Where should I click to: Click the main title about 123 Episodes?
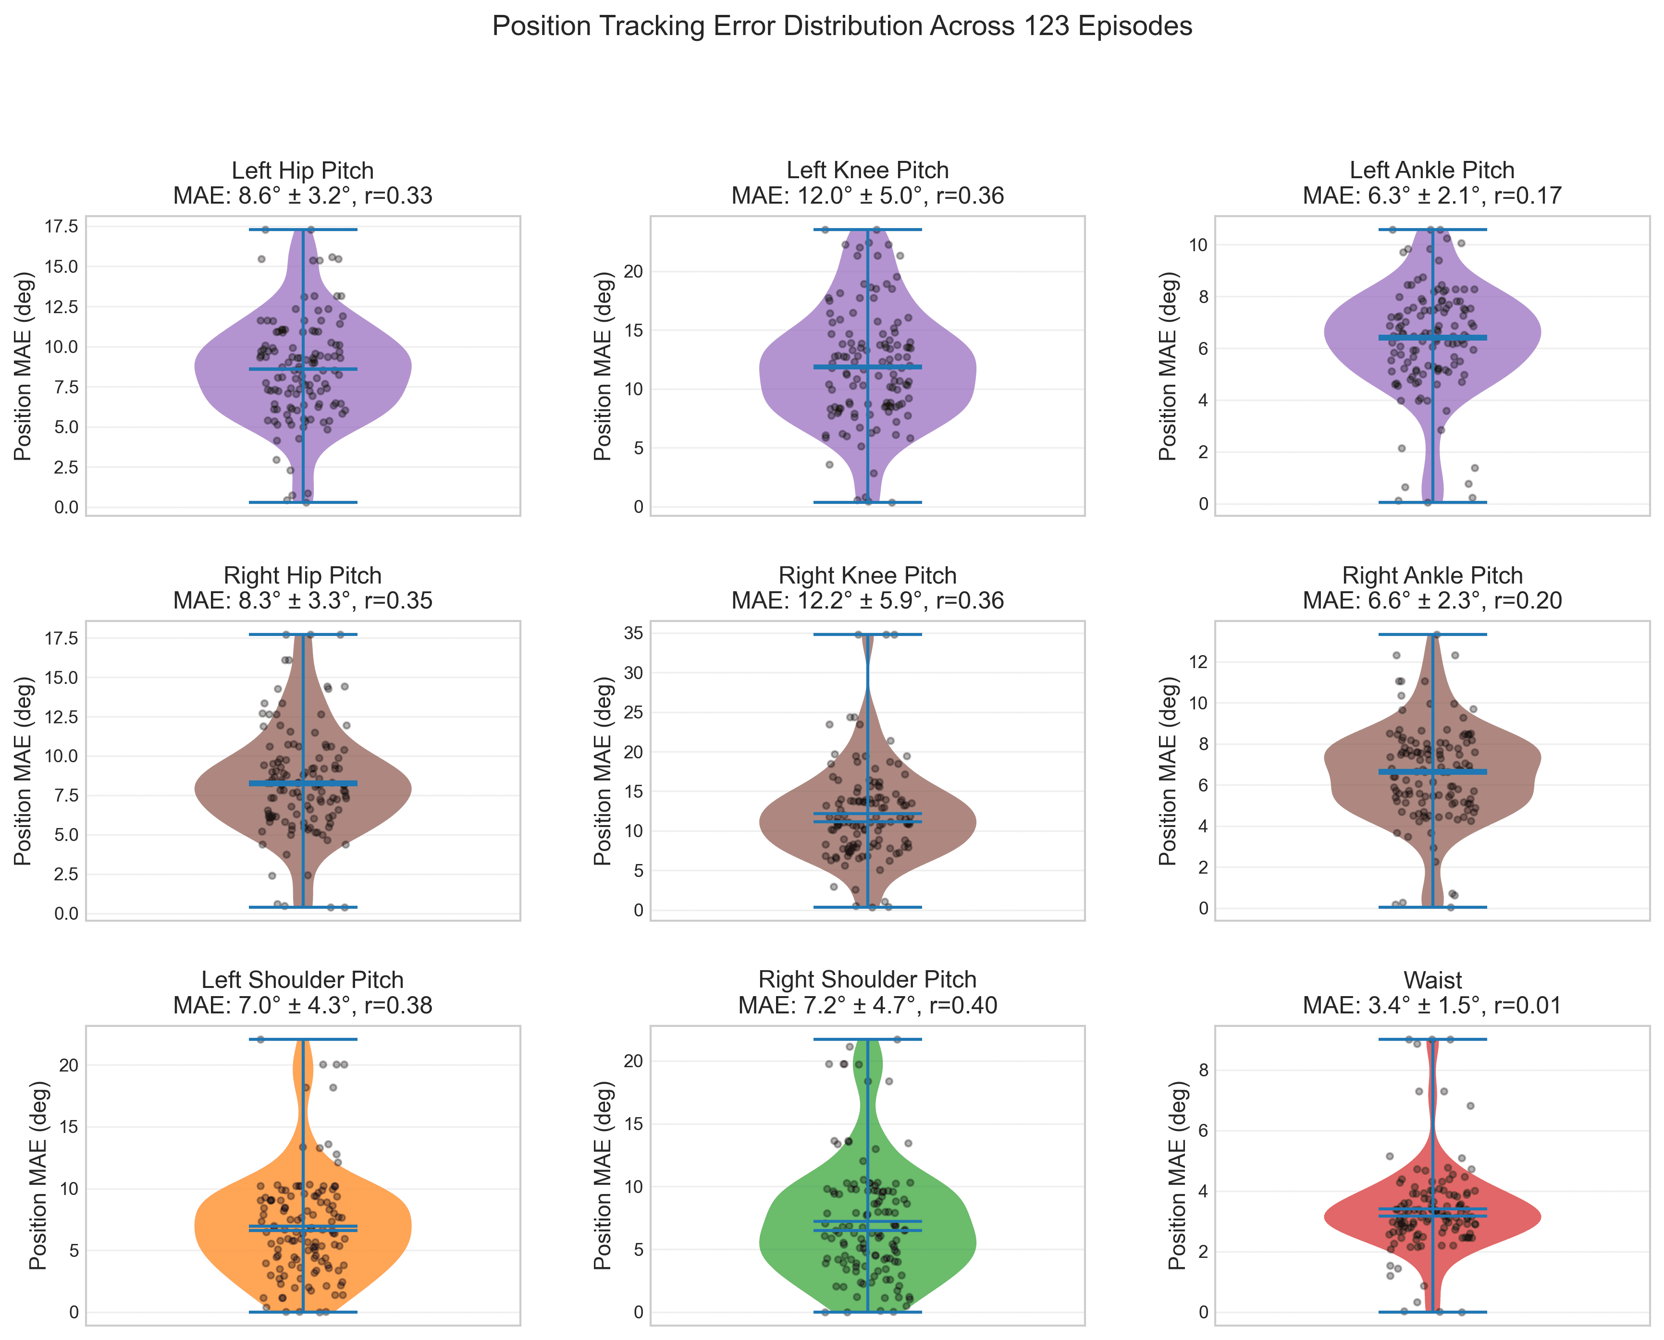842,27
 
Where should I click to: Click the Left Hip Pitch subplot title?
303,183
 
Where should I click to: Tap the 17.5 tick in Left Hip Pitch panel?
62,226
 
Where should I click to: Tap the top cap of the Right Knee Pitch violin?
867,634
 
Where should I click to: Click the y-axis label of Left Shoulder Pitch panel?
38,1175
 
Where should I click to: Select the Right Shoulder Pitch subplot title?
867,993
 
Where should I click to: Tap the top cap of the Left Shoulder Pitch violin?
303,1040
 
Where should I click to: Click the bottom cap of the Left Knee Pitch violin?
867,502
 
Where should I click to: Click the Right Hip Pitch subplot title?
303,588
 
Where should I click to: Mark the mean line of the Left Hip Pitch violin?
303,369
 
